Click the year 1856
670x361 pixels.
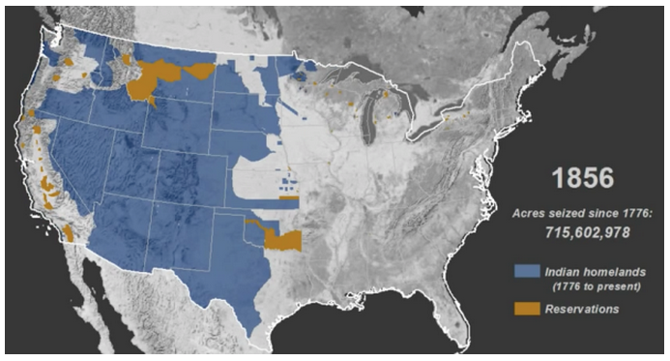click(x=583, y=178)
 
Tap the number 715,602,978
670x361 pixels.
click(x=583, y=232)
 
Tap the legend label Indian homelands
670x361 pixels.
click(x=593, y=271)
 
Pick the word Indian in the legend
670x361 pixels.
click(x=564, y=271)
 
